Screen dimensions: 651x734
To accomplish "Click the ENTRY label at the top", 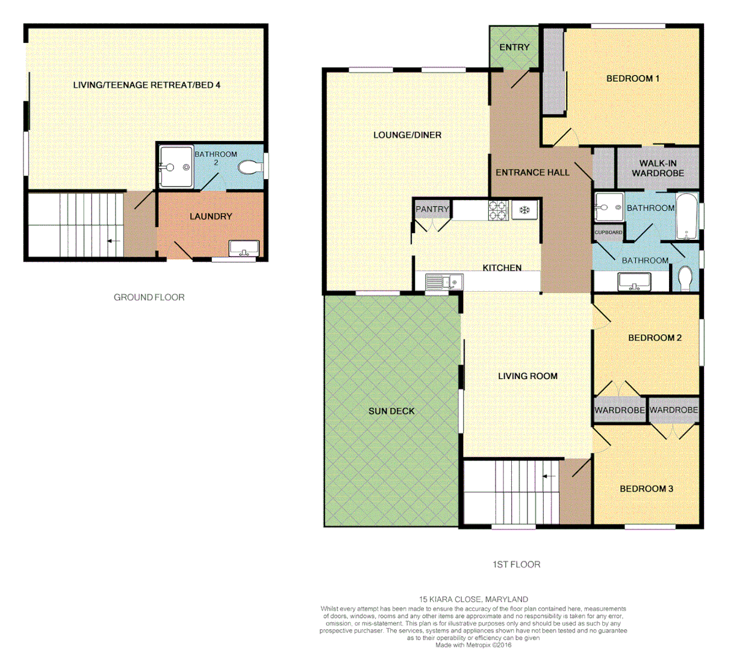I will pos(514,47).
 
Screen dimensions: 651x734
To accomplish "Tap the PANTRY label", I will pos(432,209).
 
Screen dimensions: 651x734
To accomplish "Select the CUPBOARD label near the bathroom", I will pos(608,232).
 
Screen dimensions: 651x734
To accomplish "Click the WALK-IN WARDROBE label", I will pos(658,168).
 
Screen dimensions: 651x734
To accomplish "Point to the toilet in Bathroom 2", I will pos(249,168).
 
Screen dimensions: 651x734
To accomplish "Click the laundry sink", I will pos(244,248).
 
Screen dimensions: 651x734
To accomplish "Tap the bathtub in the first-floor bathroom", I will pos(687,217).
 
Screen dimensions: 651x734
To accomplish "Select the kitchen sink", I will pos(443,281).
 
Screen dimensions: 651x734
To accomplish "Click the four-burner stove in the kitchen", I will pos(498,209).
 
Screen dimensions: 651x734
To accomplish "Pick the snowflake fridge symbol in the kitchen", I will pos(524,210).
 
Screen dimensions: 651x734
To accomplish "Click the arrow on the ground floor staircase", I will pos(113,241).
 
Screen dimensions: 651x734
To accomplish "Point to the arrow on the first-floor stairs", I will pos(549,476).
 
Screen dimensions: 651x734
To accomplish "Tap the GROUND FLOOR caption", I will pos(149,297).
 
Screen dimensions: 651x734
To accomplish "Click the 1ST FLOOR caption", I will pos(516,565).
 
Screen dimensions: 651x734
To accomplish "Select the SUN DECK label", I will pos(391,411).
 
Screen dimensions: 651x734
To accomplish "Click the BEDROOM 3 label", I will pos(646,489).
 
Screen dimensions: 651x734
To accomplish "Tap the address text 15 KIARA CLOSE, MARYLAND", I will pos(473,599).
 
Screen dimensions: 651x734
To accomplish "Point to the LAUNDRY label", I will pos(211,216).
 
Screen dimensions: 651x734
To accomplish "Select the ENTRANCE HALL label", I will pos(532,172).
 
